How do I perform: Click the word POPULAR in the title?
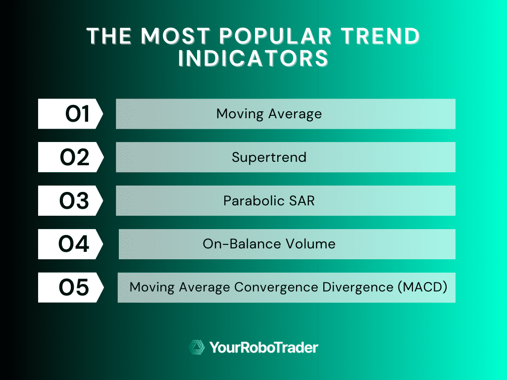[276, 36]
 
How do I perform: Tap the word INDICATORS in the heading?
[253, 58]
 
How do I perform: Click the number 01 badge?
[70, 114]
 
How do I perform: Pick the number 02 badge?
[71, 157]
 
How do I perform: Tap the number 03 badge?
[70, 200]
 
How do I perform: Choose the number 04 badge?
[70, 244]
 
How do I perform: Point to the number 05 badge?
[71, 287]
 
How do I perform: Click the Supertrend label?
[269, 157]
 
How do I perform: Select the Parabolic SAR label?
[269, 201]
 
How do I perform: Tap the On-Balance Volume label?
[269, 244]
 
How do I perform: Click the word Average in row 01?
[295, 114]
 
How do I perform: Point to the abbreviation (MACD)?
[423, 287]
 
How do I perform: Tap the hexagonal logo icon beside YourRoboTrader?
[197, 347]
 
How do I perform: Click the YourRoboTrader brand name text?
[264, 348]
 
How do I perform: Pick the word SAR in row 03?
[302, 201]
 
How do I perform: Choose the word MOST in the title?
[176, 36]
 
